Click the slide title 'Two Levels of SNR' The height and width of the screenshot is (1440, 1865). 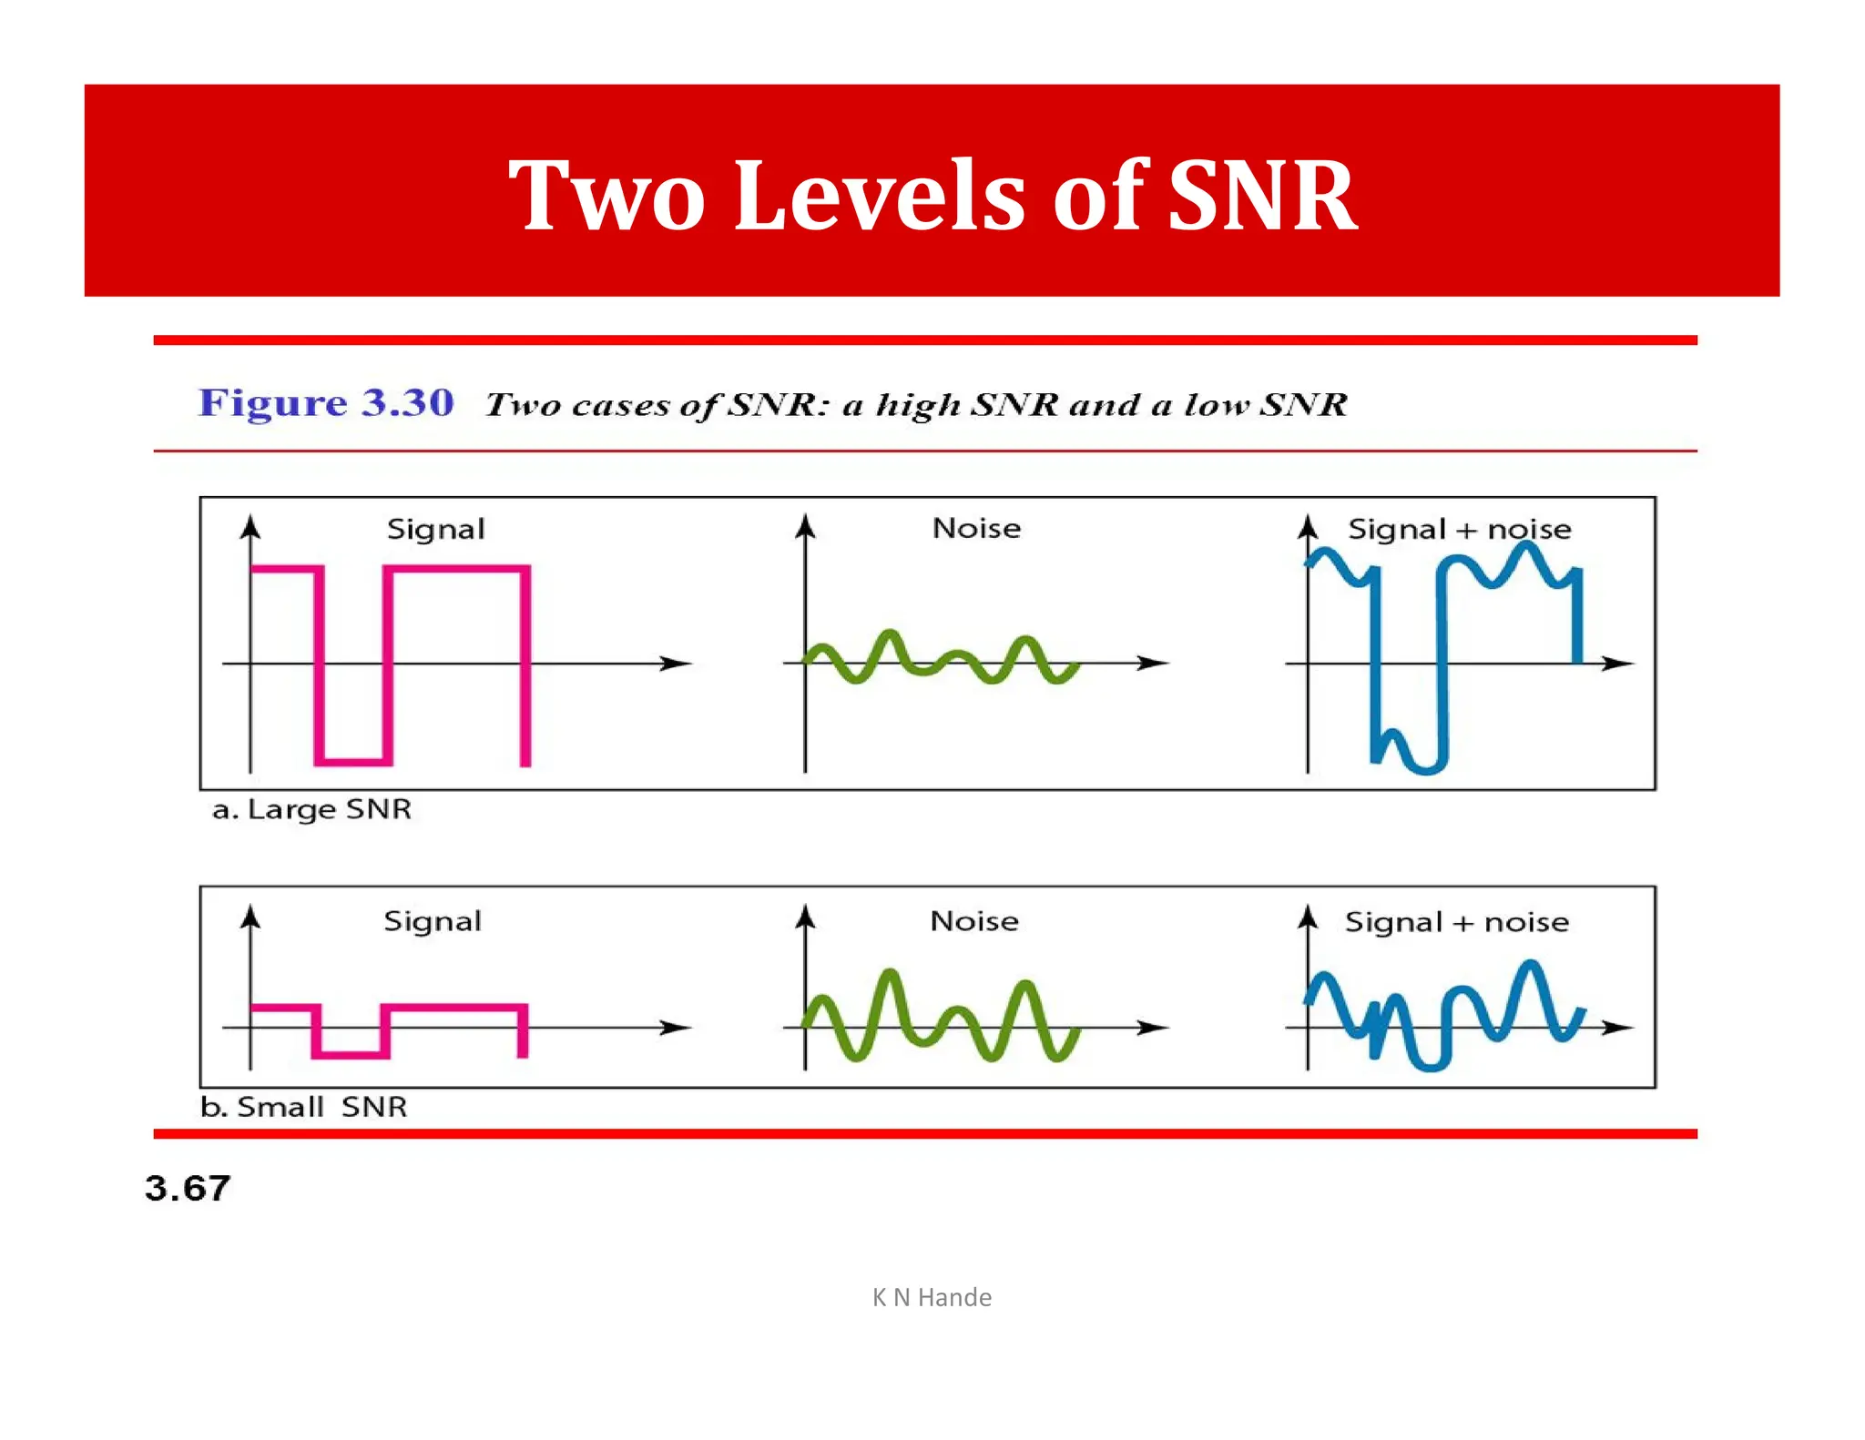click(932, 195)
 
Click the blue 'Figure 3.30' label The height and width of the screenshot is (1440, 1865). click(326, 402)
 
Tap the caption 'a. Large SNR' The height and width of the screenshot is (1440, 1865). click(311, 809)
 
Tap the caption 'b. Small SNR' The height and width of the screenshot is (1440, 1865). click(303, 1107)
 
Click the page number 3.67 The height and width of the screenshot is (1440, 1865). click(188, 1189)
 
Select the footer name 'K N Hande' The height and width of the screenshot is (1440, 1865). click(932, 1297)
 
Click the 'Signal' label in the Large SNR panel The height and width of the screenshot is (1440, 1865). click(435, 529)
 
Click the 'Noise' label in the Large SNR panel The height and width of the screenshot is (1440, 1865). click(976, 528)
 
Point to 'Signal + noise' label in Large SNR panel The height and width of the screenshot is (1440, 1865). click(1459, 529)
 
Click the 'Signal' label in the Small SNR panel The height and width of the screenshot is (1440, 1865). click(433, 921)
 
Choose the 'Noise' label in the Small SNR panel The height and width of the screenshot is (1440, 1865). click(974, 921)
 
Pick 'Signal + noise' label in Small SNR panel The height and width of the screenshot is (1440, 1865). click(1457, 922)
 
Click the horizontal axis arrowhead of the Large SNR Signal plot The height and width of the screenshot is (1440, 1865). click(678, 664)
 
